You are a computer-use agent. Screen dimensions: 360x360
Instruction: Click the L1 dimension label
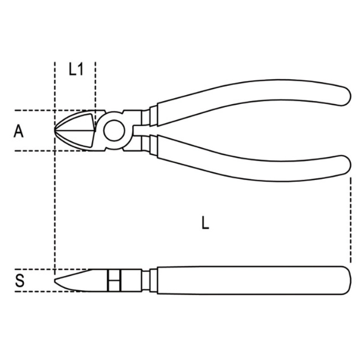[76, 69]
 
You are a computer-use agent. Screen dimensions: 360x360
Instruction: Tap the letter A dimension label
[19, 131]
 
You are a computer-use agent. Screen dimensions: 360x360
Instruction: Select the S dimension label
[19, 281]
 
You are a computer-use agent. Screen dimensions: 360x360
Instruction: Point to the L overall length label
[205, 223]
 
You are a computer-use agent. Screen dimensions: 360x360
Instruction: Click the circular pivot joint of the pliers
[114, 131]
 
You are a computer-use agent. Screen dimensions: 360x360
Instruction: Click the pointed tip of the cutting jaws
[55, 130]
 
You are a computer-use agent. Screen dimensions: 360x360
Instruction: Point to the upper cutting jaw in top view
[78, 121]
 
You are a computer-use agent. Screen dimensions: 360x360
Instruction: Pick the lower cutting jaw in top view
[78, 140]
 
